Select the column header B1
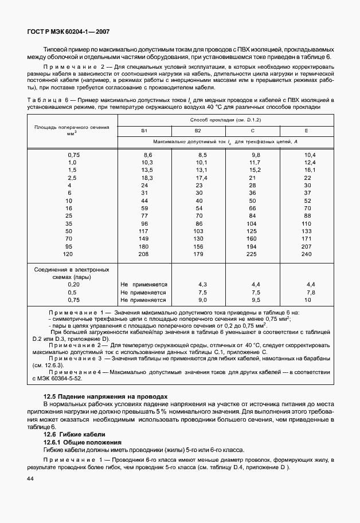[144, 131]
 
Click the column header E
[307, 131]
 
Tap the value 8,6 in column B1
[147, 155]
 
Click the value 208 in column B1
[144, 254]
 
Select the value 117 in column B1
[144, 230]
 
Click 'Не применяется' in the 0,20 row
[143, 284]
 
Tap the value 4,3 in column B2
[202, 284]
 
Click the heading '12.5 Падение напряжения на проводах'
[105, 396]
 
